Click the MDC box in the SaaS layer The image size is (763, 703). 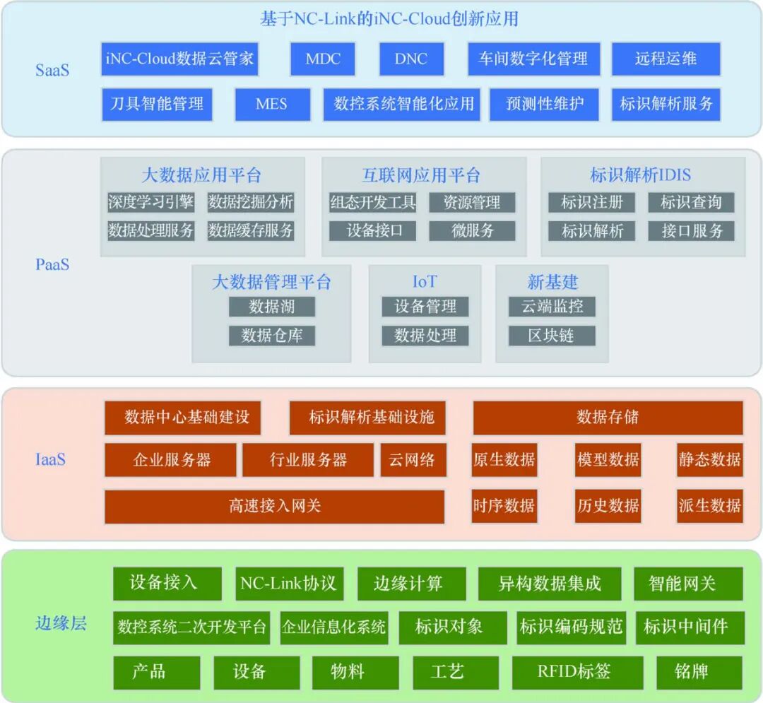[323, 59]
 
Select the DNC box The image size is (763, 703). [411, 59]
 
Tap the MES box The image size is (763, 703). [272, 105]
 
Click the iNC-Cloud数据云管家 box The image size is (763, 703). [179, 59]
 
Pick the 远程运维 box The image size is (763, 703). [666, 59]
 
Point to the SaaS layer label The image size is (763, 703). [52, 70]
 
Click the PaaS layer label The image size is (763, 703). [52, 264]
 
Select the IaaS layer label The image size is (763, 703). [50, 459]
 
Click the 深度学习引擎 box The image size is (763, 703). [150, 202]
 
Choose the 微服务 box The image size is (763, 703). [473, 231]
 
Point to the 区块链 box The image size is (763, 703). [551, 336]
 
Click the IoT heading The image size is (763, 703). [425, 282]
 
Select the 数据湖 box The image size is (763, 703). [272, 307]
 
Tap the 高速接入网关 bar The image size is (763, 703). [274, 507]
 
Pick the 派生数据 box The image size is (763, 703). [709, 507]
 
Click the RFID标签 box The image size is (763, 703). [577, 672]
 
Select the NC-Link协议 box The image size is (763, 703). [288, 584]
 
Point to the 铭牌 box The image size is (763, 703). [699, 672]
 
